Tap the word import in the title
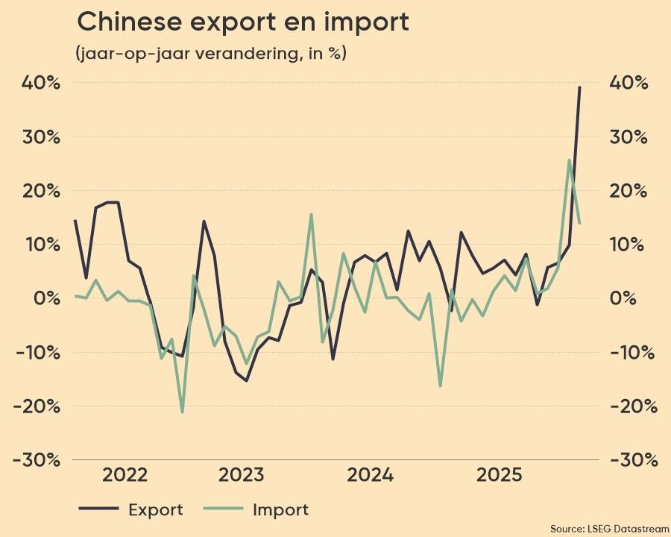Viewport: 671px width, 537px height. (368, 24)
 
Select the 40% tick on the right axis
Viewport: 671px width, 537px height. (629, 83)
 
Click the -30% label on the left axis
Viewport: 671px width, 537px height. (36, 459)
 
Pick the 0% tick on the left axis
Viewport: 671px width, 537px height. (43, 298)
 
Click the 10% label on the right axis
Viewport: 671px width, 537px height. (629, 245)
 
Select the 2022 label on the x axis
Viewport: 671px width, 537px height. (125, 476)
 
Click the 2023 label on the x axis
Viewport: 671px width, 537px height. (242, 476)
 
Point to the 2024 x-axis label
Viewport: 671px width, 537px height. (370, 476)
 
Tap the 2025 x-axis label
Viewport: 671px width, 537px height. (499, 476)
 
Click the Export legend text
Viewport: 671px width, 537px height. (155, 510)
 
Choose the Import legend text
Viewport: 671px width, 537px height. (280, 510)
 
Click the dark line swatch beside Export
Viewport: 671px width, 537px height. (98, 509)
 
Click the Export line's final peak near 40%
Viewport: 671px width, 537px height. (579, 88)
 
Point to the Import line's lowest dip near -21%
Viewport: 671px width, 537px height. (182, 412)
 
